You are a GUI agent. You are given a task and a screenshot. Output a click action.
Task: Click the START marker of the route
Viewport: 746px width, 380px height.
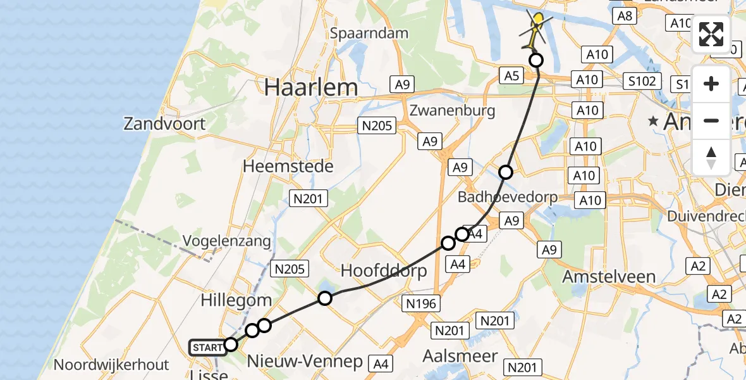point(207,347)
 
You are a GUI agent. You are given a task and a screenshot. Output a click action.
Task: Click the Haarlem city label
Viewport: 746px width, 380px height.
point(311,87)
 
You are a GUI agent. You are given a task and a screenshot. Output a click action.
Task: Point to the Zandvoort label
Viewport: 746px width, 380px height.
point(165,123)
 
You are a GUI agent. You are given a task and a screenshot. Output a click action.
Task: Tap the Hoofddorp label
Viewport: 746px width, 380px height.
point(384,270)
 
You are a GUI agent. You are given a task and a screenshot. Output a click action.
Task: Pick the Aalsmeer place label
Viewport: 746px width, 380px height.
point(460,355)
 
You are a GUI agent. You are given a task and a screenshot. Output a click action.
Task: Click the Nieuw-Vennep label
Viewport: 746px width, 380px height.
point(305,362)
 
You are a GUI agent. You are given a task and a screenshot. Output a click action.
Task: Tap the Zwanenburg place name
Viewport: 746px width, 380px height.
point(451,110)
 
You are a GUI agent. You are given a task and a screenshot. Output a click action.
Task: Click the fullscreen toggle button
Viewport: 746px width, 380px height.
point(711,34)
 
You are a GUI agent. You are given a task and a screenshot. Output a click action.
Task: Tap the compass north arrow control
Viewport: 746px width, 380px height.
point(711,157)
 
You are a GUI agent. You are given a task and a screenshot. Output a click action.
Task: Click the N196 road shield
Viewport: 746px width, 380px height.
point(421,304)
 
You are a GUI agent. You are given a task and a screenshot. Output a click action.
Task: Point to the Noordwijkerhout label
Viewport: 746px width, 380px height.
point(111,365)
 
